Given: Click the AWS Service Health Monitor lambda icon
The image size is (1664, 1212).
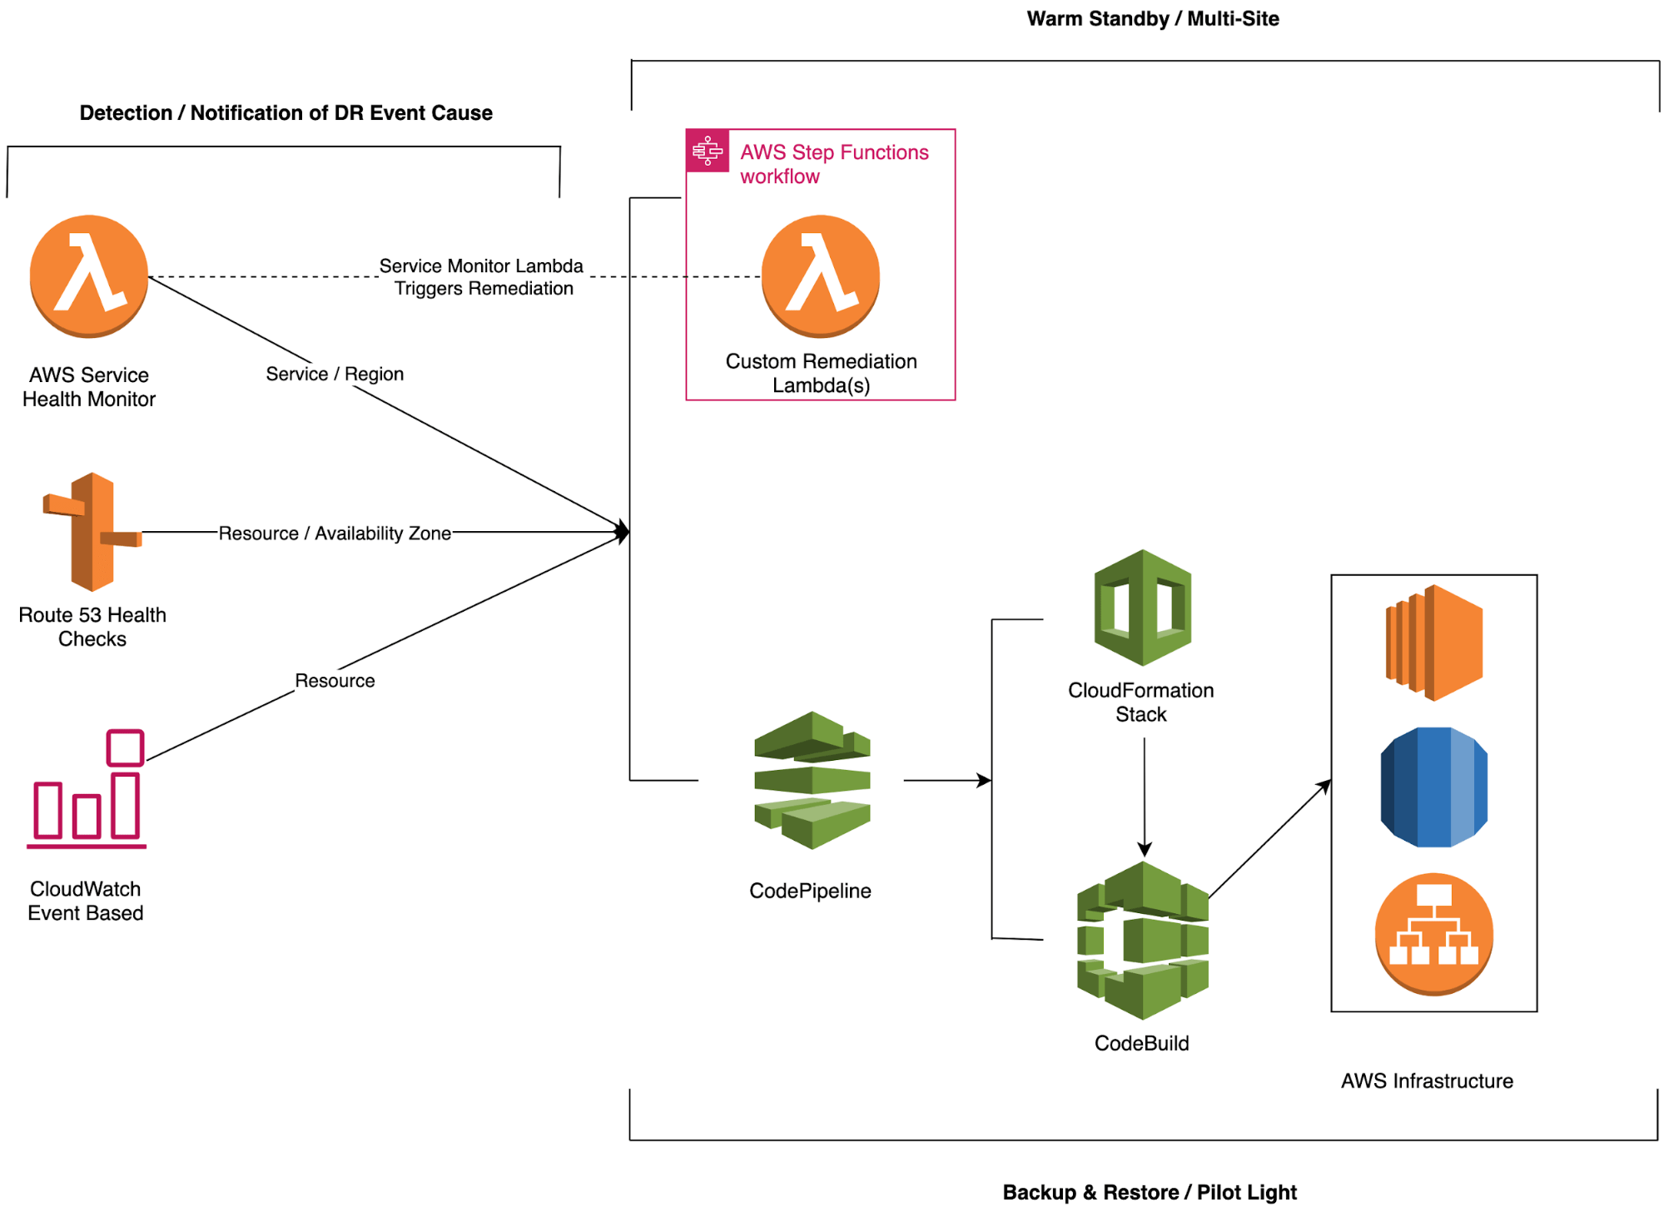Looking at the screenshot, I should click(x=89, y=276).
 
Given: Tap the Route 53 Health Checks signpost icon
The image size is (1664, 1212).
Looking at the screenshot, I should click(x=92, y=532).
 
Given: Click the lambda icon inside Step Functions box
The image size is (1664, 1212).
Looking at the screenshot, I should click(x=821, y=276).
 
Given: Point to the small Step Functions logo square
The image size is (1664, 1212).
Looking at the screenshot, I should click(x=708, y=151).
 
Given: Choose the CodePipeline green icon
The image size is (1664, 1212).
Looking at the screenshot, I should click(x=812, y=780).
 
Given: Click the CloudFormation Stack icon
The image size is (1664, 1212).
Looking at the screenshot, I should click(x=1142, y=608).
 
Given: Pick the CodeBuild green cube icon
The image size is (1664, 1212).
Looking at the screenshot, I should click(x=1142, y=941).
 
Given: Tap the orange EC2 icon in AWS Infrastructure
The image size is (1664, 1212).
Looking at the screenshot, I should click(x=1433, y=643).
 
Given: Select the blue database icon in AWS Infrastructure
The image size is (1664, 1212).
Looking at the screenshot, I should click(x=1433, y=787).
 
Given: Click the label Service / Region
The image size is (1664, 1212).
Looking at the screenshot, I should click(x=335, y=374).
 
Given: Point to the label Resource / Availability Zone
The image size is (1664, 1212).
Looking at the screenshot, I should click(x=335, y=533).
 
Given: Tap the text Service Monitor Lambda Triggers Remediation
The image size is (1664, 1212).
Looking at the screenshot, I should click(x=483, y=277).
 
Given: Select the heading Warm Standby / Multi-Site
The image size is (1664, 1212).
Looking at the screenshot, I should click(x=1152, y=18).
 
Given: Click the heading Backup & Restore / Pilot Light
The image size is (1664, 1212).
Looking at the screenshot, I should click(x=1149, y=1192).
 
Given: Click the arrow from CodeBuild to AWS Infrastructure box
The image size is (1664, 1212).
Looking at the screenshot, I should click(x=1269, y=839).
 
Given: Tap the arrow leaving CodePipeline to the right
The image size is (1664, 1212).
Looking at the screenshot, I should click(x=946, y=780).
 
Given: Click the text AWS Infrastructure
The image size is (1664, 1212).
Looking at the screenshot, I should click(x=1427, y=1080).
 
